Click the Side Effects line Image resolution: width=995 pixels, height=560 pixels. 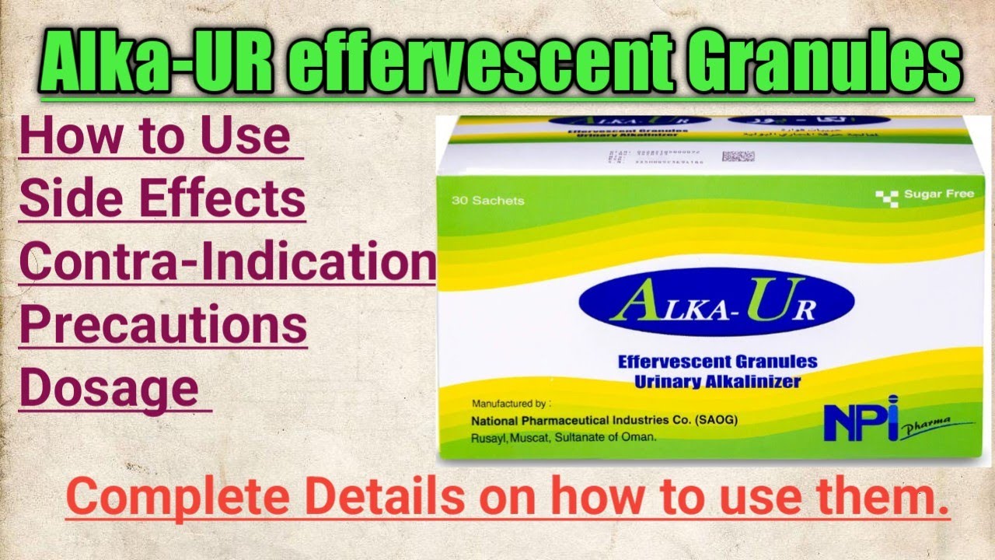click(x=162, y=199)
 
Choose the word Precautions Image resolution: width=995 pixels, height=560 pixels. click(x=163, y=325)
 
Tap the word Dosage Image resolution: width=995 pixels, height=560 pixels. click(x=109, y=389)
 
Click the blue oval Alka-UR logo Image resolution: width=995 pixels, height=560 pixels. click(x=716, y=303)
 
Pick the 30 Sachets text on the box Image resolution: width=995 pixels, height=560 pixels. click(x=487, y=201)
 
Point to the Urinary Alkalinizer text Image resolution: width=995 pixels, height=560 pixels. click(x=717, y=381)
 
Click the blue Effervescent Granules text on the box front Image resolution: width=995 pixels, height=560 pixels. click(x=717, y=362)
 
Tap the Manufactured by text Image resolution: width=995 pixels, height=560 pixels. click(x=511, y=404)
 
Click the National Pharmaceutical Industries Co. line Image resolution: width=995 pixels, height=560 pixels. click(x=604, y=421)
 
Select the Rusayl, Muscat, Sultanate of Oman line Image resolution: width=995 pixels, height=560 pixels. click(x=564, y=437)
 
